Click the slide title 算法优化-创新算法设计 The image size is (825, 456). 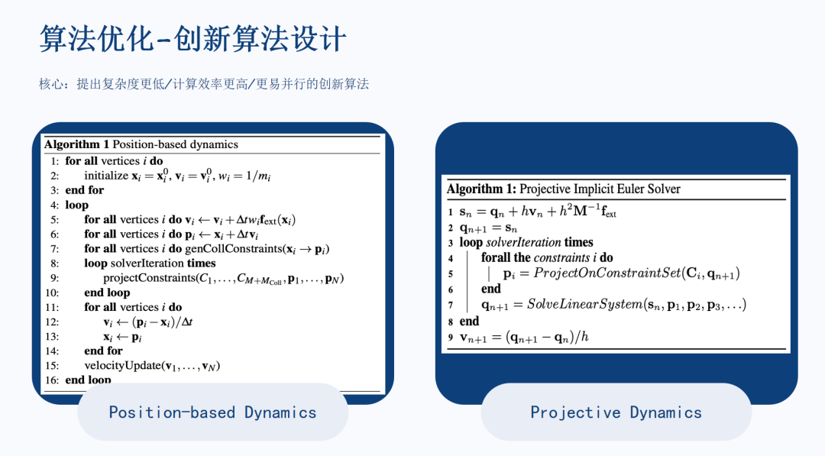click(192, 38)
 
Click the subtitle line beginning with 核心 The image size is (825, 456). click(204, 83)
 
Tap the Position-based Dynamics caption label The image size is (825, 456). click(212, 412)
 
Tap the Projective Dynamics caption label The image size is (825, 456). click(616, 412)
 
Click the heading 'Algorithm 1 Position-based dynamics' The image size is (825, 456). click(141, 144)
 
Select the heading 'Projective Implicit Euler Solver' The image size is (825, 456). click(600, 189)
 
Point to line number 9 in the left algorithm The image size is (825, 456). click(55, 278)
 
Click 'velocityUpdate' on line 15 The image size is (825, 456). click(122, 366)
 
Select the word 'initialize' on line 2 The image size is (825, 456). click(106, 176)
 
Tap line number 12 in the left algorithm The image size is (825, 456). click(52, 322)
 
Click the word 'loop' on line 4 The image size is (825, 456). click(77, 205)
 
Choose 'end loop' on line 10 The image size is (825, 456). click(107, 293)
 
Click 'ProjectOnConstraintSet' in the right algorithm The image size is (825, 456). click(607, 273)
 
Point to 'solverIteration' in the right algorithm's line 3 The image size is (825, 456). click(523, 242)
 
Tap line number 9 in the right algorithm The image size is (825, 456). click(451, 338)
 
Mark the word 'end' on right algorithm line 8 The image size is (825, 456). click(469, 321)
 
